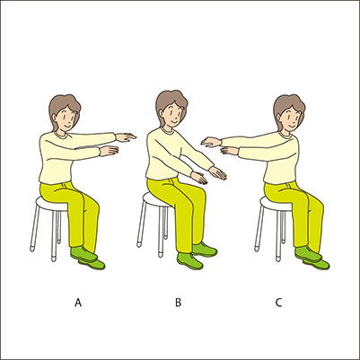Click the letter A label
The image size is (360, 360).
coord(78,303)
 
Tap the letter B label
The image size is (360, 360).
coord(178,303)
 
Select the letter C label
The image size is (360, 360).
coord(278,303)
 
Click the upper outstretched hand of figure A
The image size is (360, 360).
coord(126,137)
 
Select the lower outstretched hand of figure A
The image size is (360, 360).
coord(109,151)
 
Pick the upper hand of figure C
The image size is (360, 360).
coord(211,142)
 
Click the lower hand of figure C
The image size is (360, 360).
coord(230,151)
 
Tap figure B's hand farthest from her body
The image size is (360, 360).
coord(217,173)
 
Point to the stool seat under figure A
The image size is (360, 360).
coord(51,204)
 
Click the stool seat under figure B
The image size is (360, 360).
coord(156,199)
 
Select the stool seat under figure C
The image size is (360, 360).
coord(276,204)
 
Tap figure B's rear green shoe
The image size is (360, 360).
coord(205,250)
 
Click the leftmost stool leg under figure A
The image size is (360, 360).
coord(35,228)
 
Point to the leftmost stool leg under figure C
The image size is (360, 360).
coord(259,228)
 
